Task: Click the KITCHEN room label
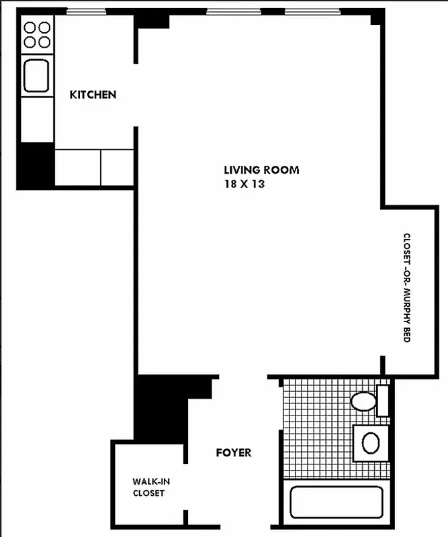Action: (93, 95)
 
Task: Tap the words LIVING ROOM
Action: (261, 170)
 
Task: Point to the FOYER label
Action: (233, 452)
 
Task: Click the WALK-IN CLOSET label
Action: (148, 487)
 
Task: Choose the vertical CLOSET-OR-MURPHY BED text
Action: (406, 288)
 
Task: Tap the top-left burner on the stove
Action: (30, 28)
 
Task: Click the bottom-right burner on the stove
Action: (44, 42)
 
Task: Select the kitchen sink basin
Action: (36, 75)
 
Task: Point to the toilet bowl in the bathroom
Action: (364, 401)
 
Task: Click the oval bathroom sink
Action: (371, 442)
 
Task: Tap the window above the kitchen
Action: (86, 11)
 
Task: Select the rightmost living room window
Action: (310, 11)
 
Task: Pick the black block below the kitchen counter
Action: (36, 164)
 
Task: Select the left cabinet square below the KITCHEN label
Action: (77, 166)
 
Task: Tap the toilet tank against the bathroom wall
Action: (383, 401)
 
